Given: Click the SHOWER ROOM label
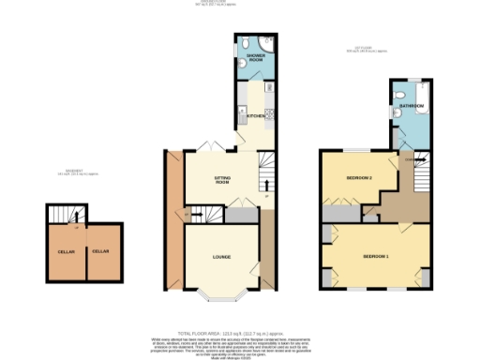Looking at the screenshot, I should pyautogui.click(x=254, y=58).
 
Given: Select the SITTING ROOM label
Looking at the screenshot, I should pyautogui.click(x=223, y=178).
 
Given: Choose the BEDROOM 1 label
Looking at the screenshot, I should pyautogui.click(x=375, y=255).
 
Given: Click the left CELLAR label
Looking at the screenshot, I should pyautogui.click(x=66, y=251).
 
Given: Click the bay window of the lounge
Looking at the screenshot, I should pyautogui.click(x=221, y=300).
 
